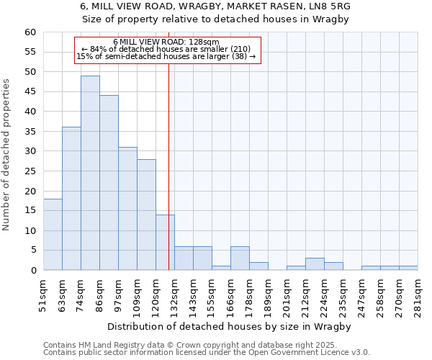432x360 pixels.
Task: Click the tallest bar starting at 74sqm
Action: tap(90, 173)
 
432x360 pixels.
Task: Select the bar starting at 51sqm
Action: tap(53, 235)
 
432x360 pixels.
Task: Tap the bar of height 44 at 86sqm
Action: tap(109, 183)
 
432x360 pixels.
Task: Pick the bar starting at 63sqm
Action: tap(71, 199)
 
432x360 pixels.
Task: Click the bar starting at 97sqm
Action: tap(127, 209)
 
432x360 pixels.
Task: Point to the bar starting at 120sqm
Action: tap(165, 243)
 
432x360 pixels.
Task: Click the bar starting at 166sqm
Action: tap(240, 258)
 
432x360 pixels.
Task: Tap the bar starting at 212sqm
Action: tap(315, 264)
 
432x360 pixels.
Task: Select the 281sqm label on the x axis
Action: tap(418, 295)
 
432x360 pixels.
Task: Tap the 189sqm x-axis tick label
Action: tap(268, 295)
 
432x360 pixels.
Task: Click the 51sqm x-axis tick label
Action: tap(43, 295)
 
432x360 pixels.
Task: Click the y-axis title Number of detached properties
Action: tap(7, 155)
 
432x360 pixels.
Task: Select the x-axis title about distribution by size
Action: tap(230, 326)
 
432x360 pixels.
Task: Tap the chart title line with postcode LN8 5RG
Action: tap(216, 6)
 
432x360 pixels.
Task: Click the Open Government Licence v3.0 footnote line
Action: tap(206, 353)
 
